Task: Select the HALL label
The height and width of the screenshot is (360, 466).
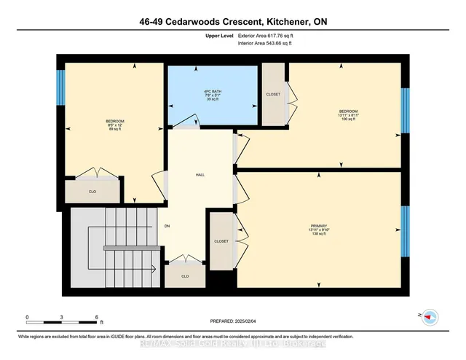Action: pyautogui.click(x=200, y=176)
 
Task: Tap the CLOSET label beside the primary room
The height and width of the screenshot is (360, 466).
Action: pyautogui.click(x=221, y=241)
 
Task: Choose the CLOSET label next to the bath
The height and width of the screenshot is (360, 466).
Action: pyautogui.click(x=274, y=94)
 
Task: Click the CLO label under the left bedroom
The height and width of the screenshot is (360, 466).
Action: pyautogui.click(x=92, y=192)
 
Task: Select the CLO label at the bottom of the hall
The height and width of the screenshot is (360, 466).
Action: pyautogui.click(x=185, y=276)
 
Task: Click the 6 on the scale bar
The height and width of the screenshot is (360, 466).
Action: pyautogui.click(x=97, y=316)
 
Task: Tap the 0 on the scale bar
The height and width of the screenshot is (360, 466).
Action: pyautogui.click(x=27, y=316)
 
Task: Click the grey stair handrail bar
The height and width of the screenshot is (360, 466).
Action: pyautogui.click(x=132, y=248)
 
